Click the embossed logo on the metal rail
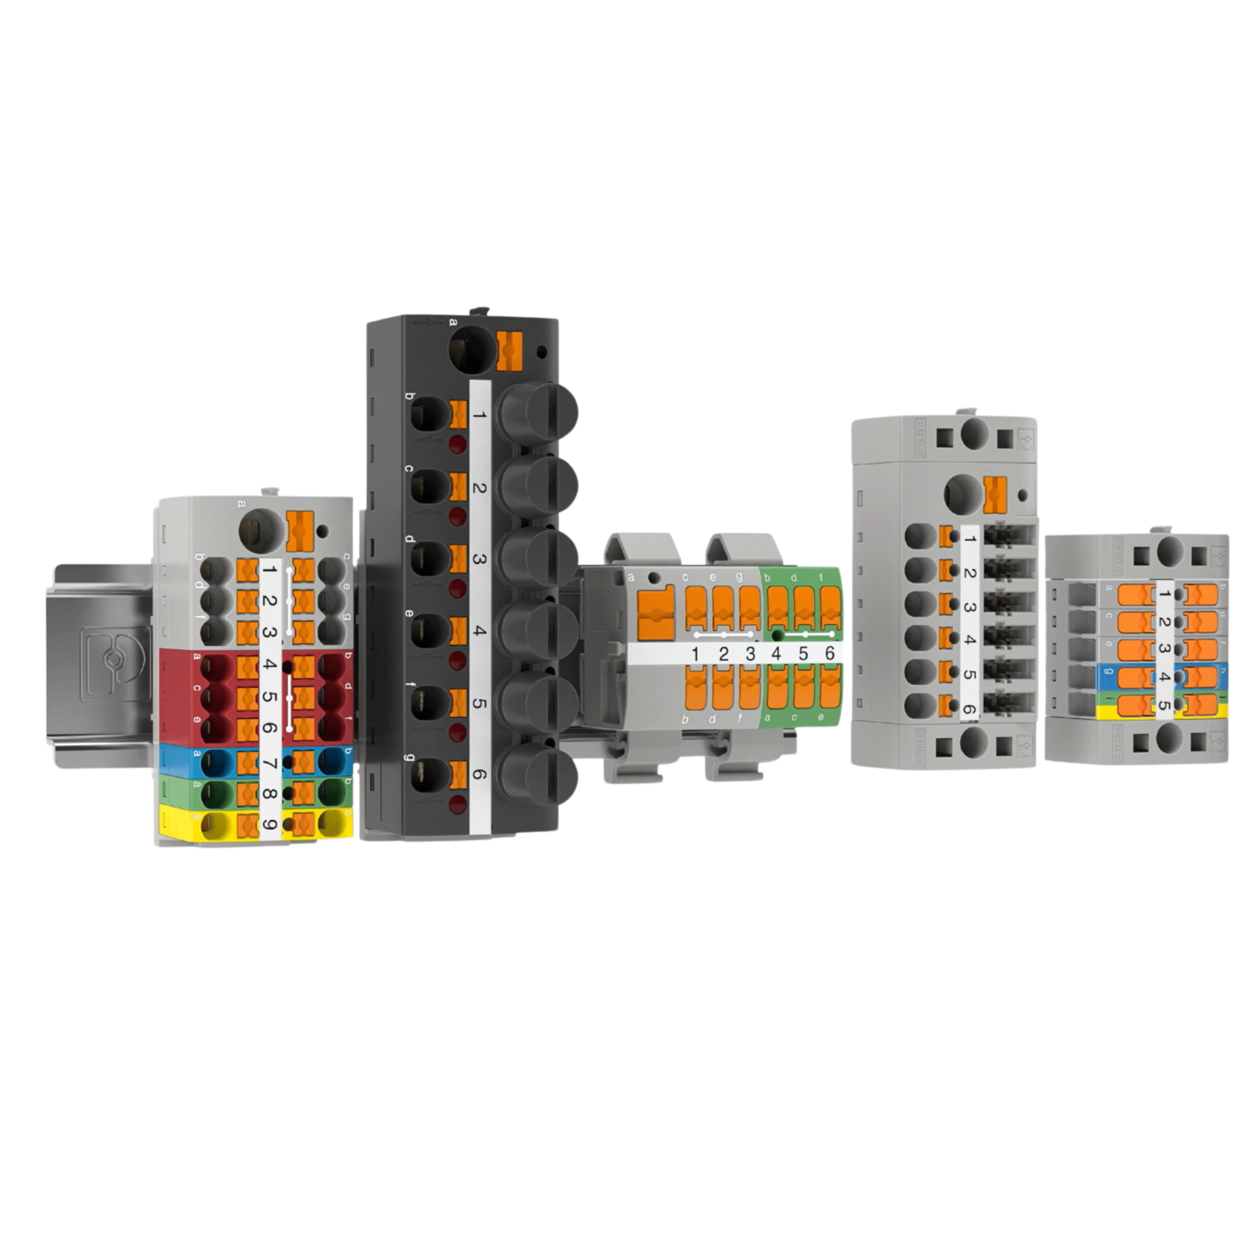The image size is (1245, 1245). (x=115, y=664)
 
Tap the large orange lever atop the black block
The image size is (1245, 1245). (x=510, y=351)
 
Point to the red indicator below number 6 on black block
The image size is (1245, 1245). (x=458, y=803)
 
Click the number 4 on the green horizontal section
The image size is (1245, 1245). (x=776, y=654)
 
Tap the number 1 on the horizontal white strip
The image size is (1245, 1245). (x=695, y=654)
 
